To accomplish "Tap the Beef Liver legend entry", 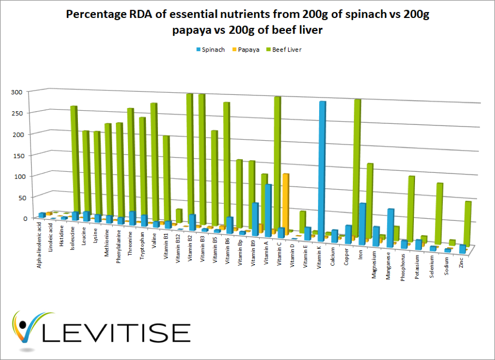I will tap(286, 50).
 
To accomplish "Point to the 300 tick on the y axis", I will tap(17, 92).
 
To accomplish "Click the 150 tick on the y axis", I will tap(17, 155).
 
